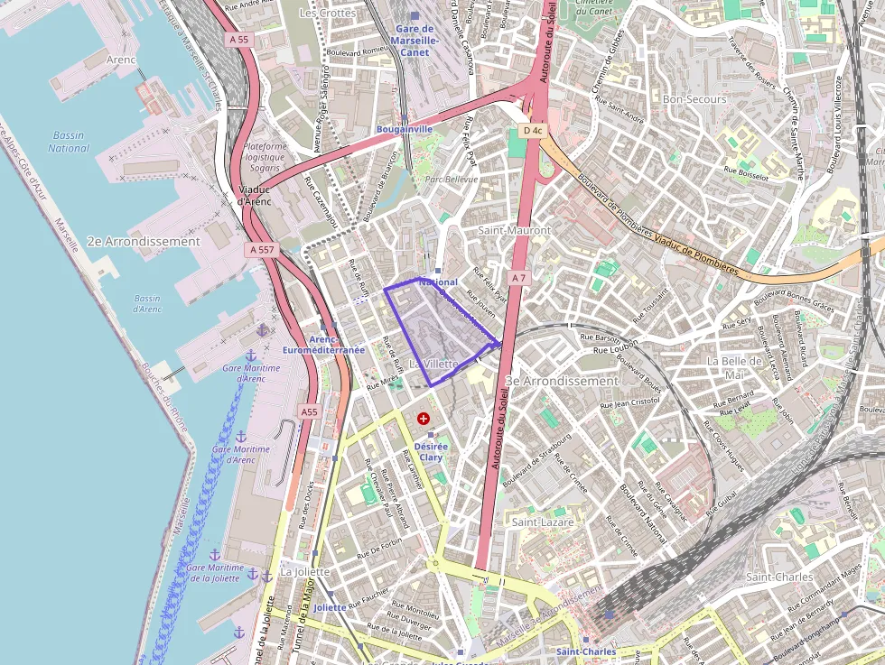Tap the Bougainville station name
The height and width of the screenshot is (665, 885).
(x=404, y=129)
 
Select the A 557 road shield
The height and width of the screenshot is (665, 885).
(x=262, y=249)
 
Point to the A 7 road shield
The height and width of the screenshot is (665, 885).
(x=517, y=279)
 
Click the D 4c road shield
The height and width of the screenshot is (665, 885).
(x=533, y=131)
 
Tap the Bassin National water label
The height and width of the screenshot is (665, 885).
(x=69, y=142)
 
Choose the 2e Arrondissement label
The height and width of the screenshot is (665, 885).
(x=144, y=242)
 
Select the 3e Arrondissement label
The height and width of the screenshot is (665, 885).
(x=562, y=381)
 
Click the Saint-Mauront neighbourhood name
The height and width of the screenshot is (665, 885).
(x=514, y=230)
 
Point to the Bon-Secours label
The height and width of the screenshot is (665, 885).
(x=689, y=98)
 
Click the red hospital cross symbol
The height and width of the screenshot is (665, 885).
(x=423, y=419)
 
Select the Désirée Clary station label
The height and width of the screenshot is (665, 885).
(x=431, y=452)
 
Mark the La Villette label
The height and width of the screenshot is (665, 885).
(x=433, y=364)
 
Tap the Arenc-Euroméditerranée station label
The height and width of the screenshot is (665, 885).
(x=323, y=345)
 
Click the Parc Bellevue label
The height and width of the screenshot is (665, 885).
(x=451, y=180)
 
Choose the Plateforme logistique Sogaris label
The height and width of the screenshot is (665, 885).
(x=265, y=157)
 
